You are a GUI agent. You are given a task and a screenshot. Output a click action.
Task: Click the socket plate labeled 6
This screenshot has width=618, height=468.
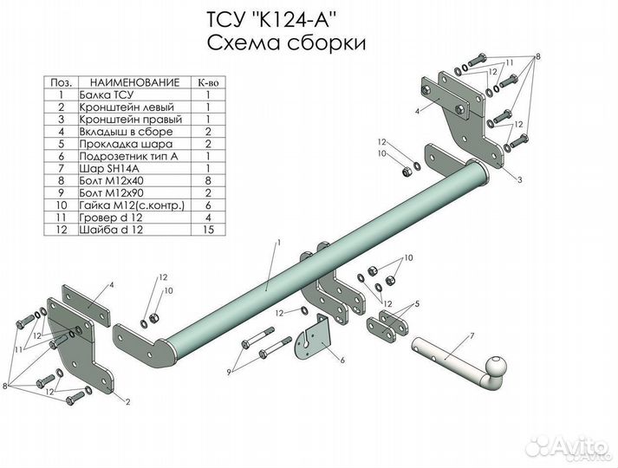tap(313, 337)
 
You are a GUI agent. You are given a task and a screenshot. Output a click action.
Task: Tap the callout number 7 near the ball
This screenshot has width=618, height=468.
tap(472, 336)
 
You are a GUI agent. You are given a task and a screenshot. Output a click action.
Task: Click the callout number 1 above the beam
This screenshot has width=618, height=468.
tap(278, 242)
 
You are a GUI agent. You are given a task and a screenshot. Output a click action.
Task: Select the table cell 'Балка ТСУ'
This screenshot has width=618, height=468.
tap(107, 95)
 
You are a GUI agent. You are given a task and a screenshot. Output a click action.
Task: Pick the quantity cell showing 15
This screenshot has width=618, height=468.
tap(208, 230)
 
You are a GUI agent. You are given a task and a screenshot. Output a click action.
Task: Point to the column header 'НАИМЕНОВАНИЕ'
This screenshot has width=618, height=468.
tap(135, 82)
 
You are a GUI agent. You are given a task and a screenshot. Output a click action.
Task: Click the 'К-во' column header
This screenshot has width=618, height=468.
tap(208, 82)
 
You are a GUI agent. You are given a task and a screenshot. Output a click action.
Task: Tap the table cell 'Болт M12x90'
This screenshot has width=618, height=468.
tap(112, 193)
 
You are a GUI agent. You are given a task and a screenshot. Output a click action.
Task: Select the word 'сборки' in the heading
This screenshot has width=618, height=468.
tap(326, 43)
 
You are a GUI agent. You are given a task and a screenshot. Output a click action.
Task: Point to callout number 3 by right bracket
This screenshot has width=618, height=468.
tap(520, 180)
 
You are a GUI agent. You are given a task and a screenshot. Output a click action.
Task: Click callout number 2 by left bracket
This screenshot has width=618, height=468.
tap(127, 402)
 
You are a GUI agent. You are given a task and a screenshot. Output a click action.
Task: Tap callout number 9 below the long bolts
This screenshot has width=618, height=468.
tap(229, 371)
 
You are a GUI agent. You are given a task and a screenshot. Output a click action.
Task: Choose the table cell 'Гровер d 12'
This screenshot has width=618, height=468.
tap(111, 218)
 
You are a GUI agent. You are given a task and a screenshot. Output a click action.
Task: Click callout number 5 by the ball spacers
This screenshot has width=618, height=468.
tap(417, 303)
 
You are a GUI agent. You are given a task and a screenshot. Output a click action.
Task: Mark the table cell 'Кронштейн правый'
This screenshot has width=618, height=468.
tap(131, 120)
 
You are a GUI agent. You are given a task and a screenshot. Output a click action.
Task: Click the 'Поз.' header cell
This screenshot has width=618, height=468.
tap(61, 82)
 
